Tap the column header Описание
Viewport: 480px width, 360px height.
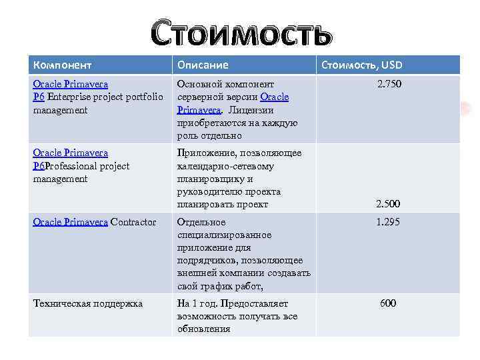tap(202, 65)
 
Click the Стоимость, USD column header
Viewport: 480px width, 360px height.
tap(362, 65)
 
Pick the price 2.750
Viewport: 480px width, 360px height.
tap(389, 85)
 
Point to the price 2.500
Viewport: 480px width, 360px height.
tap(388, 204)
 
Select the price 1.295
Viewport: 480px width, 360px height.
tap(388, 222)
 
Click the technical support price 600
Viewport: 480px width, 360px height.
tap(388, 303)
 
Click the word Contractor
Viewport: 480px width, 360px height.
tap(133, 222)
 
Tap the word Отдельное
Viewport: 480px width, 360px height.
tap(201, 222)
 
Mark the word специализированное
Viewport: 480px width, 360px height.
tap(224, 235)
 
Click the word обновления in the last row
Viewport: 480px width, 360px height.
tap(203, 329)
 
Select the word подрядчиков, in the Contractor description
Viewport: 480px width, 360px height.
tap(207, 261)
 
